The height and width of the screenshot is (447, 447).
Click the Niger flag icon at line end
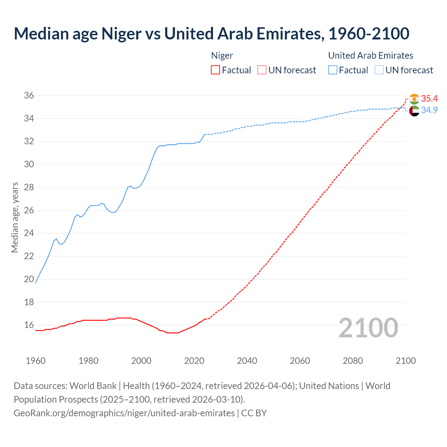(x=414, y=99)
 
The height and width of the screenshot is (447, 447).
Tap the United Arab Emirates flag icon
(x=414, y=111)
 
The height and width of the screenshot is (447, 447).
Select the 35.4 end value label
(x=429, y=99)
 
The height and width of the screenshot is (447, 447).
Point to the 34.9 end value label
(x=429, y=110)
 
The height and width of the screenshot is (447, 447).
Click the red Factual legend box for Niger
(x=215, y=70)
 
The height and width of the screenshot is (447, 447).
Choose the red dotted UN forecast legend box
(x=262, y=70)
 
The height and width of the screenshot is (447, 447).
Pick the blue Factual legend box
(x=333, y=70)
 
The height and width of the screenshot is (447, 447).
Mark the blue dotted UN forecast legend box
(x=379, y=70)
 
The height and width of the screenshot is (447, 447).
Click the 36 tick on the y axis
(x=29, y=96)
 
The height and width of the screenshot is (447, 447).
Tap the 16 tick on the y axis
(x=29, y=325)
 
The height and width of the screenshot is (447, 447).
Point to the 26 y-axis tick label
(x=29, y=211)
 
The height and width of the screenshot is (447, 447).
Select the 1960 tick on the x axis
(x=36, y=361)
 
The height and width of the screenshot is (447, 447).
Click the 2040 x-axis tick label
(x=247, y=361)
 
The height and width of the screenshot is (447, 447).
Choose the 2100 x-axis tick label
(x=405, y=361)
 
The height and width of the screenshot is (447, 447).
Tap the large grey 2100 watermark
(x=368, y=328)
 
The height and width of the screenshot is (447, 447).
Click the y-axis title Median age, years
(x=15, y=217)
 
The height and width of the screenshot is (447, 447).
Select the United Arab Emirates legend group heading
(x=371, y=56)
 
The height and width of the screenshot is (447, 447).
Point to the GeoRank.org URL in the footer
(x=124, y=413)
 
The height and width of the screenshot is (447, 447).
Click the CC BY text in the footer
(x=254, y=413)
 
